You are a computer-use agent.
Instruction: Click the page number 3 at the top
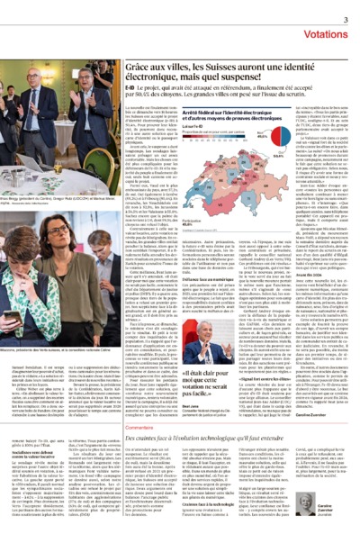coord(346,19)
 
